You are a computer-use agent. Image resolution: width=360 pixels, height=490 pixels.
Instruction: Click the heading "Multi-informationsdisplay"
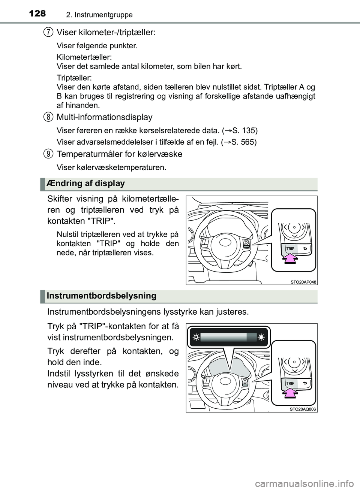(x=104, y=117)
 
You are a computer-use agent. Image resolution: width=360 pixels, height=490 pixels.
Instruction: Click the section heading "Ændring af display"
(x=86, y=184)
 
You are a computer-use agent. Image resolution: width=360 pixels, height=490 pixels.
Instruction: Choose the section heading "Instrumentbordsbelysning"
(x=101, y=296)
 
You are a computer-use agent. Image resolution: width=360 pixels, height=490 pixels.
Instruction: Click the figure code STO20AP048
(x=303, y=282)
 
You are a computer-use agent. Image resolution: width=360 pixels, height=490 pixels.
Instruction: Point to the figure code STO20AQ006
(x=303, y=409)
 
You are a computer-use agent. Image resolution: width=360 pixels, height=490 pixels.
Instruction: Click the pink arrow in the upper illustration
(x=289, y=258)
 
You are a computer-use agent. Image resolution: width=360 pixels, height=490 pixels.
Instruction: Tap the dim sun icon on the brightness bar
(x=196, y=337)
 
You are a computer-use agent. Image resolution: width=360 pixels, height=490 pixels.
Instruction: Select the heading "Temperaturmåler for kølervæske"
(x=119, y=154)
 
